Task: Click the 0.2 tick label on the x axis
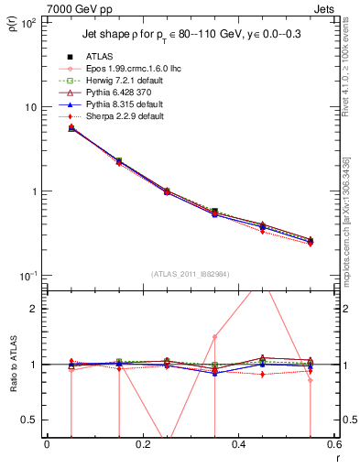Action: point(142,444)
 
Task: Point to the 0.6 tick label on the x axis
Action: point(333,444)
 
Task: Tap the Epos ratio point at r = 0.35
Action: point(214,336)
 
